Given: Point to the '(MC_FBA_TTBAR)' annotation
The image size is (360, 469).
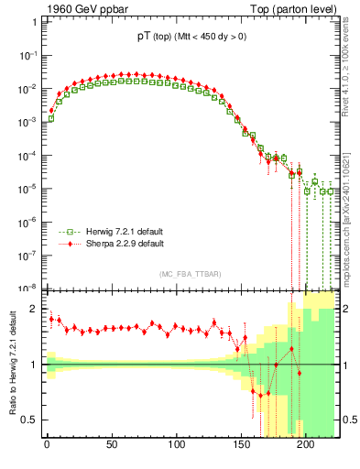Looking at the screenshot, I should click(191, 274).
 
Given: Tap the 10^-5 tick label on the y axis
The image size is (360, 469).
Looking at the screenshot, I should click(27, 189).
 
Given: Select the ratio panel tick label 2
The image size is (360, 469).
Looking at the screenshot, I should click(34, 309).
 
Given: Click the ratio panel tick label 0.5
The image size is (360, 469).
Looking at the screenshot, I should click(29, 420).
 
